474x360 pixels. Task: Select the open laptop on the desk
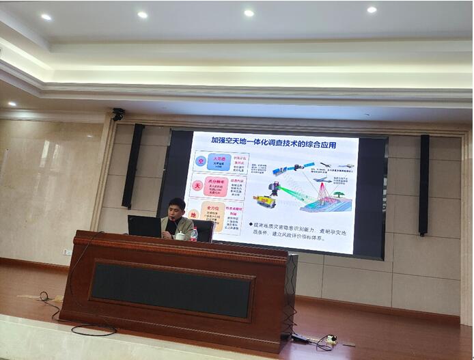[x=144, y=226]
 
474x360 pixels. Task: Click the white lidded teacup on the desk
[x=180, y=235]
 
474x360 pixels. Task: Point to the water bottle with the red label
[x=194, y=234]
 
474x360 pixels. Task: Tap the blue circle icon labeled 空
[x=201, y=161]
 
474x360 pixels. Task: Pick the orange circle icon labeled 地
[x=195, y=214]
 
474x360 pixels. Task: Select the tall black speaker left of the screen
[x=133, y=165]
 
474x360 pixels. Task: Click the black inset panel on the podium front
[x=170, y=290]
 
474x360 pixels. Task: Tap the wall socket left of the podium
[x=67, y=252]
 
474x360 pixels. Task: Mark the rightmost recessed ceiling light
[x=372, y=10]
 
